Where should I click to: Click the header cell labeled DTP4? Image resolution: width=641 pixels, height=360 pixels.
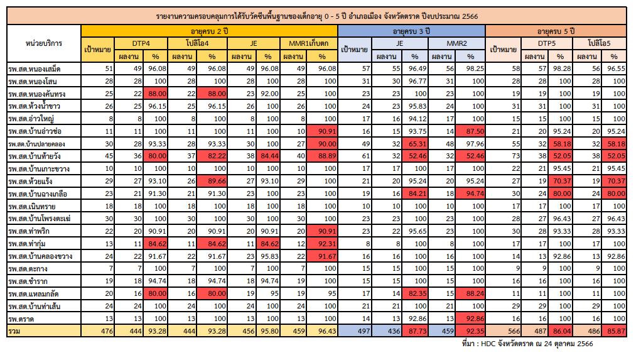click(141, 43)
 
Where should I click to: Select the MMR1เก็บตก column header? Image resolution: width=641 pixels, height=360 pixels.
click(309, 43)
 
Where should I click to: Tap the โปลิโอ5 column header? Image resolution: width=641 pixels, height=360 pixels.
click(600, 43)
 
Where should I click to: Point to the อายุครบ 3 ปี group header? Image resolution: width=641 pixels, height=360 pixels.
click(411, 31)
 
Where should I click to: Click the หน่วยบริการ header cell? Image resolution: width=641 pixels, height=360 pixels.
click(44, 43)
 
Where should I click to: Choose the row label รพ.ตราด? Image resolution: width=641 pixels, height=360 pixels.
click(21, 319)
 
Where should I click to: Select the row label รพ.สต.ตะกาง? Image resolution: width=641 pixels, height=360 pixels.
click(28, 269)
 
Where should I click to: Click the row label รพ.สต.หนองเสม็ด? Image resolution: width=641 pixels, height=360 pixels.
click(35, 68)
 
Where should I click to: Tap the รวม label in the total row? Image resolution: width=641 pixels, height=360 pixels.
click(14, 331)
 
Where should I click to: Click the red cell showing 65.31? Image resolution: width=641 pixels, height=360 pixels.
click(415, 144)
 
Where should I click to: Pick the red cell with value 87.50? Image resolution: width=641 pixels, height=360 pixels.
click(471, 131)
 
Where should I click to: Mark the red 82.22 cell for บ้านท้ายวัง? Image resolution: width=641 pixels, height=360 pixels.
click(212, 156)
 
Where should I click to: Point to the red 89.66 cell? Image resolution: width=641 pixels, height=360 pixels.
click(212, 181)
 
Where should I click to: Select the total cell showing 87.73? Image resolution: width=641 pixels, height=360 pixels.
click(415, 331)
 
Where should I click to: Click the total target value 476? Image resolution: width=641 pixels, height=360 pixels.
click(107, 331)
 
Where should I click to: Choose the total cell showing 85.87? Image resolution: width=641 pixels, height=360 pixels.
click(616, 331)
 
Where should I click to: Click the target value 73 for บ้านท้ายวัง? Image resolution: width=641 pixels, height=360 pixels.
click(515, 156)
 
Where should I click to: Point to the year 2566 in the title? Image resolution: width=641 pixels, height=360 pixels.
click(470, 16)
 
